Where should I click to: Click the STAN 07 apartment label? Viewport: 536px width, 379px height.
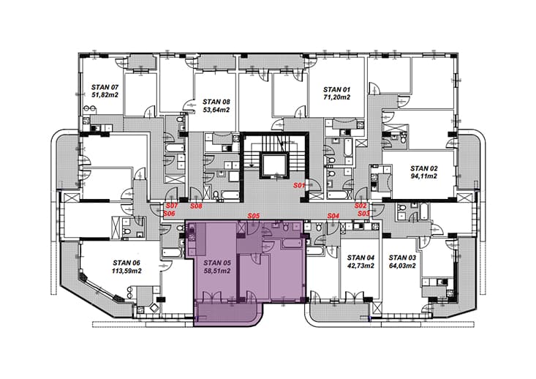[105, 87]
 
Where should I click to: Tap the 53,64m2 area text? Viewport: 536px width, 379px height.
[216, 110]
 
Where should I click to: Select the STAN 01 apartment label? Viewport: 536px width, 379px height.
[337, 89]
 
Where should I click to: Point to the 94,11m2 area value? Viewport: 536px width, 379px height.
[424, 176]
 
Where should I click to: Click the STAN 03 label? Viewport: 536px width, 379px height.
[402, 258]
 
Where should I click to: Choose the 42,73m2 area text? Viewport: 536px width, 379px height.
[361, 266]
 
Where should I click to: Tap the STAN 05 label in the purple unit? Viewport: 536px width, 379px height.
[217, 263]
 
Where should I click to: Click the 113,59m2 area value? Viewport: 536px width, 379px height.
[127, 271]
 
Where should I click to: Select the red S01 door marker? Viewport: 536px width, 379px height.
[299, 185]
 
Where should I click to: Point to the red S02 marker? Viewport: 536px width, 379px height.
[361, 206]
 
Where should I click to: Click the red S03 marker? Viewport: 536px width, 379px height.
[363, 214]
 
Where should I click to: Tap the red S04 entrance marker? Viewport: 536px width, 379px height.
[333, 216]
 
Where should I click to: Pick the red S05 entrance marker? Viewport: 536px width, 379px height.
[254, 216]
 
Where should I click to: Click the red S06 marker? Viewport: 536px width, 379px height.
[169, 214]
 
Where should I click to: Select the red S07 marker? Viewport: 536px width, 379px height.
[172, 206]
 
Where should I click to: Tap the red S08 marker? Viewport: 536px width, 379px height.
[196, 206]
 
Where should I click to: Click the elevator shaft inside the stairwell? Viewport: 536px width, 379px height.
[274, 166]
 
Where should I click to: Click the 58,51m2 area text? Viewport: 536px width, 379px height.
[217, 271]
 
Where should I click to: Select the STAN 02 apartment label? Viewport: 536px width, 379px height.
[424, 168]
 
